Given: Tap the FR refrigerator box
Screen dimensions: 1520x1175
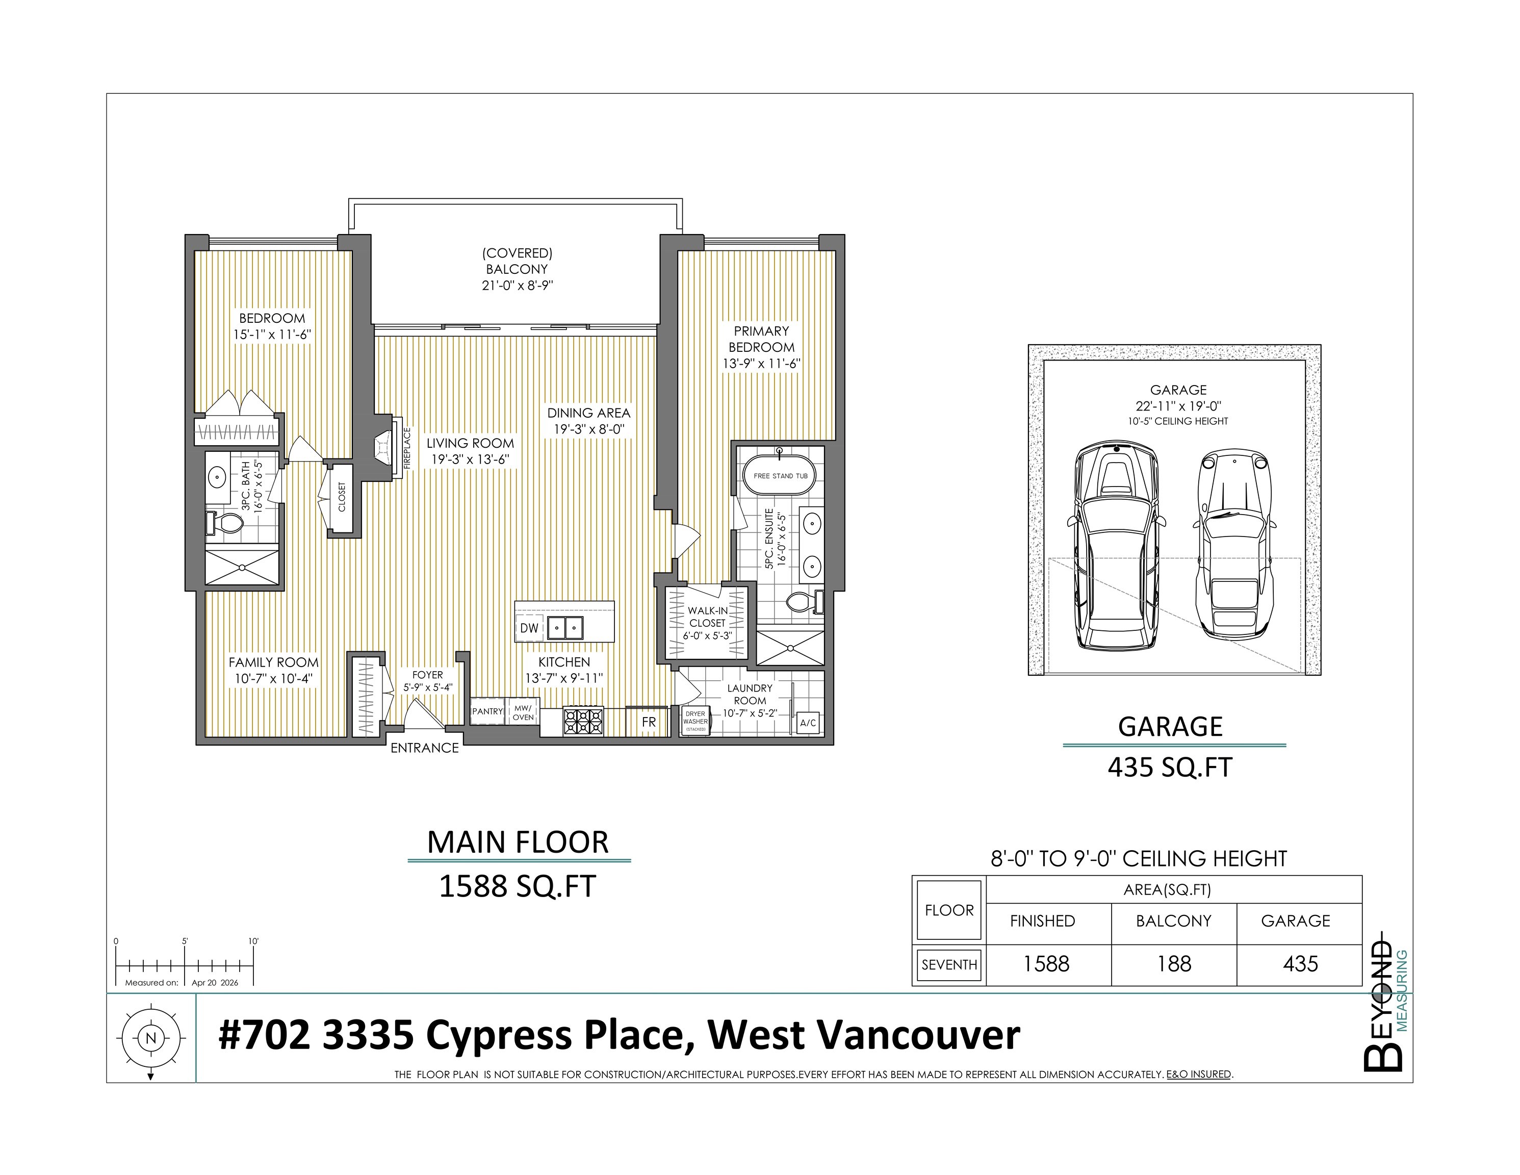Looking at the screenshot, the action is pos(649,722).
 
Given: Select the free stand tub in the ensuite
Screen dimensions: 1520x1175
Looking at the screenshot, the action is pos(780,475).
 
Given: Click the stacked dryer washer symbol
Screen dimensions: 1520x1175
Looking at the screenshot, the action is pos(695,722).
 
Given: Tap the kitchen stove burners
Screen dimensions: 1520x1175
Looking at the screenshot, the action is pos(583,721).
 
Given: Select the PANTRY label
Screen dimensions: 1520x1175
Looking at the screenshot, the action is pos(487,711).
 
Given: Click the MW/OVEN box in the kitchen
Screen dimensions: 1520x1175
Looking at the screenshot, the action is pos(523,712).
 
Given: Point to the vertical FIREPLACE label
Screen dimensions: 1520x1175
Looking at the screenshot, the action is pos(407,448).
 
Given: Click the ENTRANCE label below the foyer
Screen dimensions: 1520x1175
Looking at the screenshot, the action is pos(425,748).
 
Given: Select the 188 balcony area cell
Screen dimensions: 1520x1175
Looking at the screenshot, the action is pos(1174,964).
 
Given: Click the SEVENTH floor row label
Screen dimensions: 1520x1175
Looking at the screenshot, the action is pos(949,965).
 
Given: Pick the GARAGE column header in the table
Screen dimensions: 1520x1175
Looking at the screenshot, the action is pos(1295,921).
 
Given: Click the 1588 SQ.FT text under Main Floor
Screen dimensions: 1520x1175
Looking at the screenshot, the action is pos(517,887).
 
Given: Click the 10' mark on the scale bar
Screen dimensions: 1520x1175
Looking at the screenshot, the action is pos(253,941).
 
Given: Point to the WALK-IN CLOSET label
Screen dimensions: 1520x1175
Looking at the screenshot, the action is pos(707,617).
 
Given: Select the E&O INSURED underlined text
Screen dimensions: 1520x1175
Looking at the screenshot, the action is pos(1198,1074).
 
